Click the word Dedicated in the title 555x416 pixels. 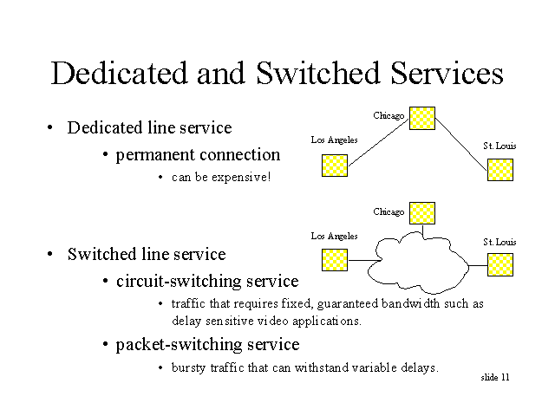pyautogui.click(x=119, y=73)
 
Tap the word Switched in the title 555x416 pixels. pyautogui.click(x=318, y=73)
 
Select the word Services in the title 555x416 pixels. pyautogui.click(x=447, y=73)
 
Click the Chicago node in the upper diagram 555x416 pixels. pyautogui.click(x=422, y=118)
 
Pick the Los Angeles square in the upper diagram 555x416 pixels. pyautogui.click(x=335, y=166)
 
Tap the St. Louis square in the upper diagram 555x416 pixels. pyautogui.click(x=500, y=170)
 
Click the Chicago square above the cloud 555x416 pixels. pyautogui.click(x=422, y=213)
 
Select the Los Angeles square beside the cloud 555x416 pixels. pyautogui.click(x=335, y=260)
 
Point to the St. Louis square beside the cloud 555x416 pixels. pyautogui.click(x=500, y=264)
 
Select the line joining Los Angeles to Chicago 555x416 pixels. pyautogui.click(x=379, y=142)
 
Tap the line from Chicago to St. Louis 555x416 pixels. pyautogui.click(x=461, y=145)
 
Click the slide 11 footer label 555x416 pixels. pyautogui.click(x=495, y=378)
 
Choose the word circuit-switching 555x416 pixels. pyautogui.click(x=179, y=282)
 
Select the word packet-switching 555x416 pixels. pyautogui.click(x=179, y=345)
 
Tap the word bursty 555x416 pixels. pyautogui.click(x=188, y=367)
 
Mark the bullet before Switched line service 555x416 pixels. pyautogui.click(x=50, y=254)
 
